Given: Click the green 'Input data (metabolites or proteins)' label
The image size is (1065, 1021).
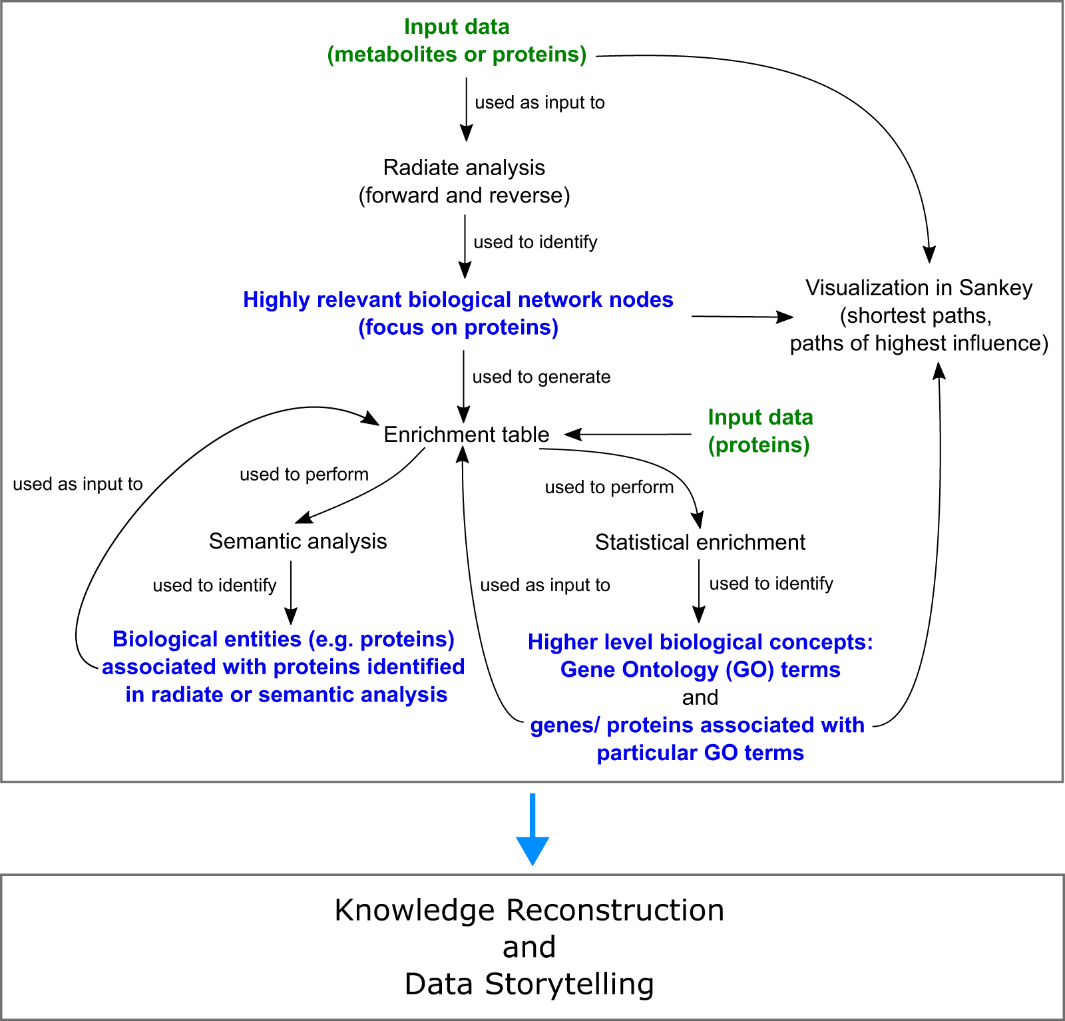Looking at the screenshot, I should pyautogui.click(x=457, y=41).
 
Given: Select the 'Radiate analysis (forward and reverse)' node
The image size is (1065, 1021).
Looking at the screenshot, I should pyautogui.click(x=464, y=181).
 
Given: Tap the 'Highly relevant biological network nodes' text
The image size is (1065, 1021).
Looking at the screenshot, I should pyautogui.click(x=458, y=300).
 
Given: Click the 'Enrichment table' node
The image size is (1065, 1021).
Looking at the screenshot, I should pyautogui.click(x=466, y=435).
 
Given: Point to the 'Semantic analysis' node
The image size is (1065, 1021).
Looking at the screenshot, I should pyautogui.click(x=298, y=541).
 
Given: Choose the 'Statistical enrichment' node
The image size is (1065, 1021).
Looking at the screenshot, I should pyautogui.click(x=700, y=542).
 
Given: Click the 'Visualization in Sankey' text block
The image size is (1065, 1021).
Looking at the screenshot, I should pyautogui.click(x=919, y=315).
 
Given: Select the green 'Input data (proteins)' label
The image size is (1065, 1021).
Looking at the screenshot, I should pyautogui.click(x=759, y=431).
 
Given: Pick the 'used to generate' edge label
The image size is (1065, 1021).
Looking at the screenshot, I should pyautogui.click(x=541, y=377).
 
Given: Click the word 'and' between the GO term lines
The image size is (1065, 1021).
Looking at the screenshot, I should pyautogui.click(x=700, y=698).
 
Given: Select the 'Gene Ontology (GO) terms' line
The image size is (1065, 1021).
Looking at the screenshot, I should pyautogui.click(x=700, y=670).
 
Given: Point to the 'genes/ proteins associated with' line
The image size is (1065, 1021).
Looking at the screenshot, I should pyautogui.click(x=697, y=725).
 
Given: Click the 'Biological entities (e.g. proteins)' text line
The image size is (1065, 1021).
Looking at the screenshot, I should pyautogui.click(x=284, y=639).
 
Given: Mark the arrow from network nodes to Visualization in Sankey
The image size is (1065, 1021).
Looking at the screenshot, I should pyautogui.click(x=742, y=317).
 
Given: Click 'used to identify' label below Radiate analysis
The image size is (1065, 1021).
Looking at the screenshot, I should pyautogui.click(x=535, y=242).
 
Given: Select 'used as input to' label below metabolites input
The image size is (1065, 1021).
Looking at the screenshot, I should pyautogui.click(x=539, y=102).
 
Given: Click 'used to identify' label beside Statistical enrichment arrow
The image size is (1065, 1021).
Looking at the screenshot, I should pyautogui.click(x=771, y=584).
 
